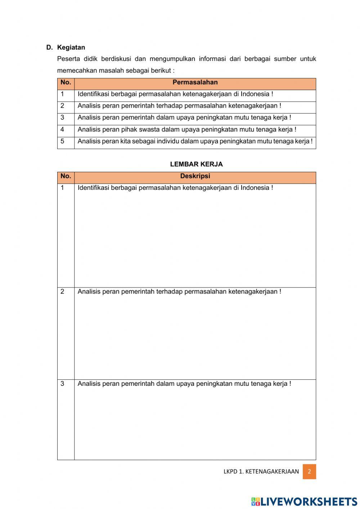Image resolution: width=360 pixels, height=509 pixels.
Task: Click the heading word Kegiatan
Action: (x=71, y=48)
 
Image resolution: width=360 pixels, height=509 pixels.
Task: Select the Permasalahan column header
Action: (x=195, y=82)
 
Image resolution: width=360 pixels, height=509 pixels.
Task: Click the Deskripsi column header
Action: (x=195, y=176)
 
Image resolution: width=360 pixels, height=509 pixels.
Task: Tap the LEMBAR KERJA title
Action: (x=196, y=164)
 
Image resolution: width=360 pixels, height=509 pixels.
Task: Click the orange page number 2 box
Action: (x=309, y=472)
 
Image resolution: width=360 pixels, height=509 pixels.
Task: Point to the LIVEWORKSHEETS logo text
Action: (x=309, y=501)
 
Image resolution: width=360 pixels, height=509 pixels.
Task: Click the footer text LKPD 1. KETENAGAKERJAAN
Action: (x=261, y=472)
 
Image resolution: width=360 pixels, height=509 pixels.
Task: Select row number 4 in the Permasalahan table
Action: (x=62, y=129)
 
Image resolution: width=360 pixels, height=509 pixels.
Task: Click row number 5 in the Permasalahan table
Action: (x=62, y=141)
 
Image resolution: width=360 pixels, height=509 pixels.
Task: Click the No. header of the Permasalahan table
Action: (x=66, y=82)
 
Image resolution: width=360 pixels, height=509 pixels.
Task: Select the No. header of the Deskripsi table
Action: (x=66, y=176)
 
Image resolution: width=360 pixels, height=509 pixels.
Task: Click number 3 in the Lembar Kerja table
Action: (x=62, y=384)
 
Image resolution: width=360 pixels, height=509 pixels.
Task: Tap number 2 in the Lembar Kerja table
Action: (x=62, y=291)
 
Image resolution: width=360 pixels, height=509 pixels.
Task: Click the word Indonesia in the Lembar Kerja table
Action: (x=255, y=188)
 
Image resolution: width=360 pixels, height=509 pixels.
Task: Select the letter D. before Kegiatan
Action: (x=49, y=48)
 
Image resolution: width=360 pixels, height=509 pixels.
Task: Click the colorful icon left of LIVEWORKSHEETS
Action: (x=256, y=501)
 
